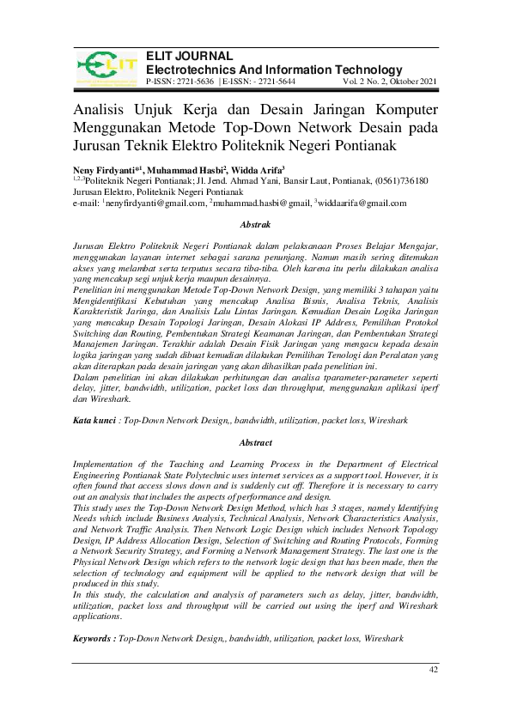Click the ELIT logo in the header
106,68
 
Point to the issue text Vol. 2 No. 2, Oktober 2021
391,82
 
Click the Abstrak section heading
255,224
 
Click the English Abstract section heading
255,442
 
